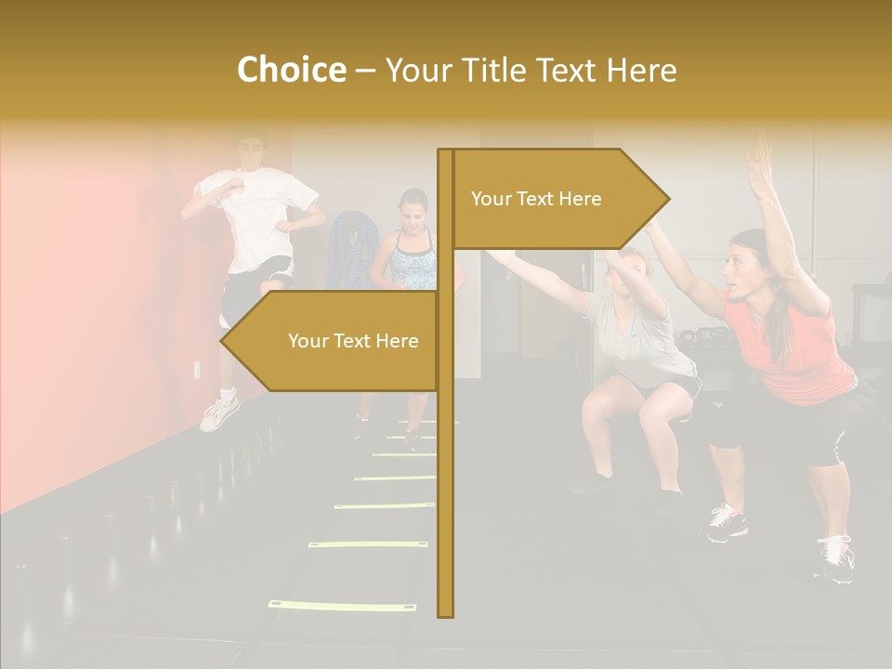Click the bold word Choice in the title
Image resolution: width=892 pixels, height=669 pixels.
(291, 70)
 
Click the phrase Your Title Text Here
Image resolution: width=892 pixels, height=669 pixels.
(531, 71)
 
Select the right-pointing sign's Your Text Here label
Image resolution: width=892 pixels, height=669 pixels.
(536, 199)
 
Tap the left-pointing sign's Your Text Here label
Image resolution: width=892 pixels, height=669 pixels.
(353, 341)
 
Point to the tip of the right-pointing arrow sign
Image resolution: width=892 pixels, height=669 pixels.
(667, 198)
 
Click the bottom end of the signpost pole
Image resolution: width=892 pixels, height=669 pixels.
(446, 613)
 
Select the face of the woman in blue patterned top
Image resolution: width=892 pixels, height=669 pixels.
(413, 211)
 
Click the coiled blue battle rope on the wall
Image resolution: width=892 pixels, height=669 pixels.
(349, 246)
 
